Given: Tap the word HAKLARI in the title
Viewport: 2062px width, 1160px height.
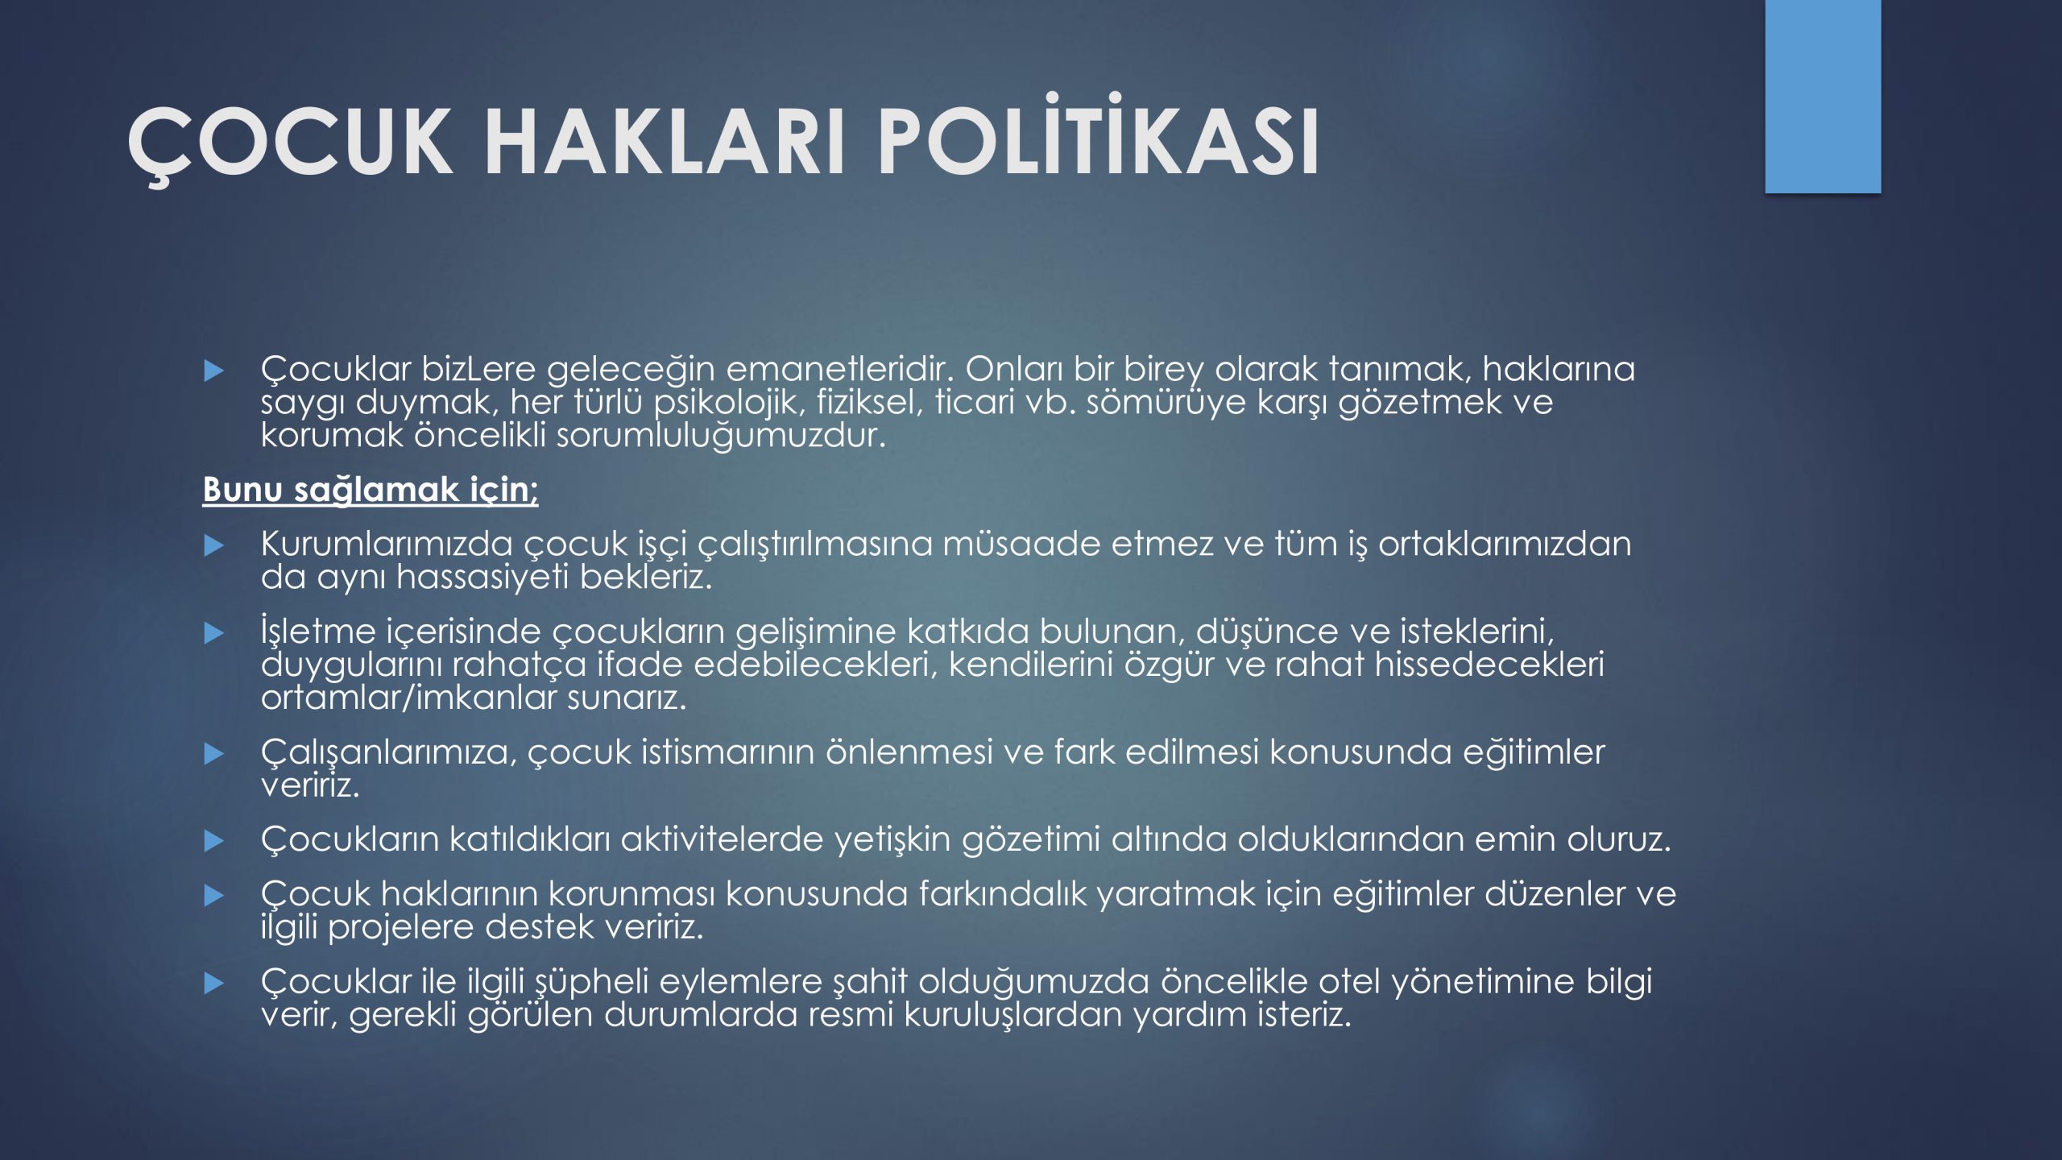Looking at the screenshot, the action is (665, 142).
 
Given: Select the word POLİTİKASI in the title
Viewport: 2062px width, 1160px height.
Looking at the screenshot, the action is (1099, 135).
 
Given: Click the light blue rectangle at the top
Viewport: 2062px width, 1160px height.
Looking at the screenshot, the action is (1823, 96).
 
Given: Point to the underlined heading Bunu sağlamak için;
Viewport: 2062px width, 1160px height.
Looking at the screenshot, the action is (371, 489).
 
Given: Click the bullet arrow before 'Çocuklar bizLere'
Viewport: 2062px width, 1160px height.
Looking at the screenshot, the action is (213, 371).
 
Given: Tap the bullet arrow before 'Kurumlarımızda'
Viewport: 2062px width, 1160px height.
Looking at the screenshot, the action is (213, 545).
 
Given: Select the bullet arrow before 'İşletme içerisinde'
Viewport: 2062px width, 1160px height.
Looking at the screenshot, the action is (213, 633).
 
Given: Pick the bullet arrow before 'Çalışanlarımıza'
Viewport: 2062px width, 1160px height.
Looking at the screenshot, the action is (213, 753).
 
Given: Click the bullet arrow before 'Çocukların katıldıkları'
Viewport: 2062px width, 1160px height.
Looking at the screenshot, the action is (213, 841).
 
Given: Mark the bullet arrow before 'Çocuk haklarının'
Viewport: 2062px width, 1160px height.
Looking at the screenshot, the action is (213, 895).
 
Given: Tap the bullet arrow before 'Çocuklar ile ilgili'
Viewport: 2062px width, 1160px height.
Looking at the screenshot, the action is (213, 983).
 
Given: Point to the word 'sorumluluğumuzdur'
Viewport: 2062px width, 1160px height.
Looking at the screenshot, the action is (721, 436).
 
